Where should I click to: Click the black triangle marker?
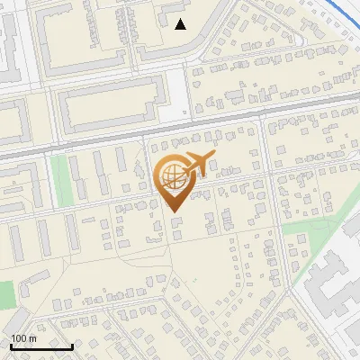click(181, 23)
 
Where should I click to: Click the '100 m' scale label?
click(22, 337)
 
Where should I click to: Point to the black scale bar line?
click(41, 346)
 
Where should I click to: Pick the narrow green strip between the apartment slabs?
click(59, 180)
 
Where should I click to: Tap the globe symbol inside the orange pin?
click(172, 175)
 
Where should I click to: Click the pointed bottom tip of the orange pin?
click(174, 211)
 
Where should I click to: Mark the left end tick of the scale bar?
click(11, 346)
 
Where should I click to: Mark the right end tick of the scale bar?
click(72, 346)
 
